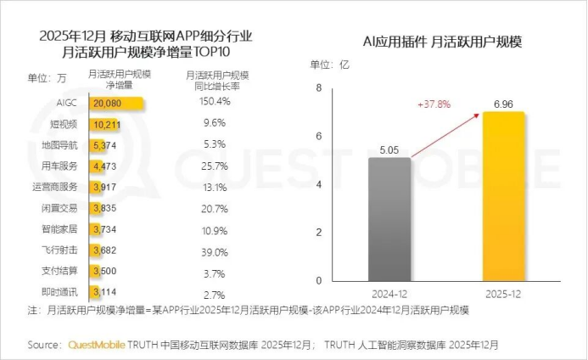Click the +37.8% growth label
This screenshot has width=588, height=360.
coord(434,104)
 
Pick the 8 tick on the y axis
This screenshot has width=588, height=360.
coord(319,88)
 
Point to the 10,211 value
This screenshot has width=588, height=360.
coord(109,123)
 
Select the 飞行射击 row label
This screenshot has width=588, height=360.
coord(62,250)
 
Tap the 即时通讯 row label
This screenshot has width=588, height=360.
coord(62,291)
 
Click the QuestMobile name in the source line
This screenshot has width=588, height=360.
coord(95,345)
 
